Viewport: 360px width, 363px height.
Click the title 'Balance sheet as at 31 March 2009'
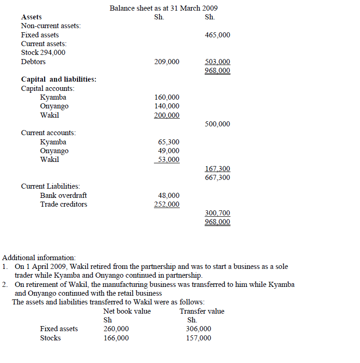point(164,8)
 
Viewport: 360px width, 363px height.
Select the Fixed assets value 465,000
point(218,35)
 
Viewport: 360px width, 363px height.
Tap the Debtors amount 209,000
point(167,62)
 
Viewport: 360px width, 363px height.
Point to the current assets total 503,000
point(218,62)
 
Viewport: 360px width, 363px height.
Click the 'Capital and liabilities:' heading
point(59,79)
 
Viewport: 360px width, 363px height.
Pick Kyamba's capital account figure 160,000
point(167,97)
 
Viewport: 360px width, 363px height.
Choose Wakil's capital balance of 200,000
point(167,115)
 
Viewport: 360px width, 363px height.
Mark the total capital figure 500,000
point(218,124)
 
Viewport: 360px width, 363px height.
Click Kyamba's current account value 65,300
point(169,142)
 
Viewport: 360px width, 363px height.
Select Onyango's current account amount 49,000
point(169,151)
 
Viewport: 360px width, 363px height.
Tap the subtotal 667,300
point(218,178)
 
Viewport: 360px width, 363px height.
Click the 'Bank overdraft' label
point(63,196)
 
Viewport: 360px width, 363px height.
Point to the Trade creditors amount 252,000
point(167,204)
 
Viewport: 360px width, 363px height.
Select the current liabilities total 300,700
point(218,213)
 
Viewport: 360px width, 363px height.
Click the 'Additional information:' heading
point(39,258)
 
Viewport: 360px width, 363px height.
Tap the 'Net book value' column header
point(127,311)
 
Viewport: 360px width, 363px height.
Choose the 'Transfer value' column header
point(202,311)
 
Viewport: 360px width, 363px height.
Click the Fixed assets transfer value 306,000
point(198,329)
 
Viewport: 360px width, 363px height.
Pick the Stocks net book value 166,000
point(116,338)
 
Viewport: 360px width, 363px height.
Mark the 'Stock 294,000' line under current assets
point(43,53)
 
